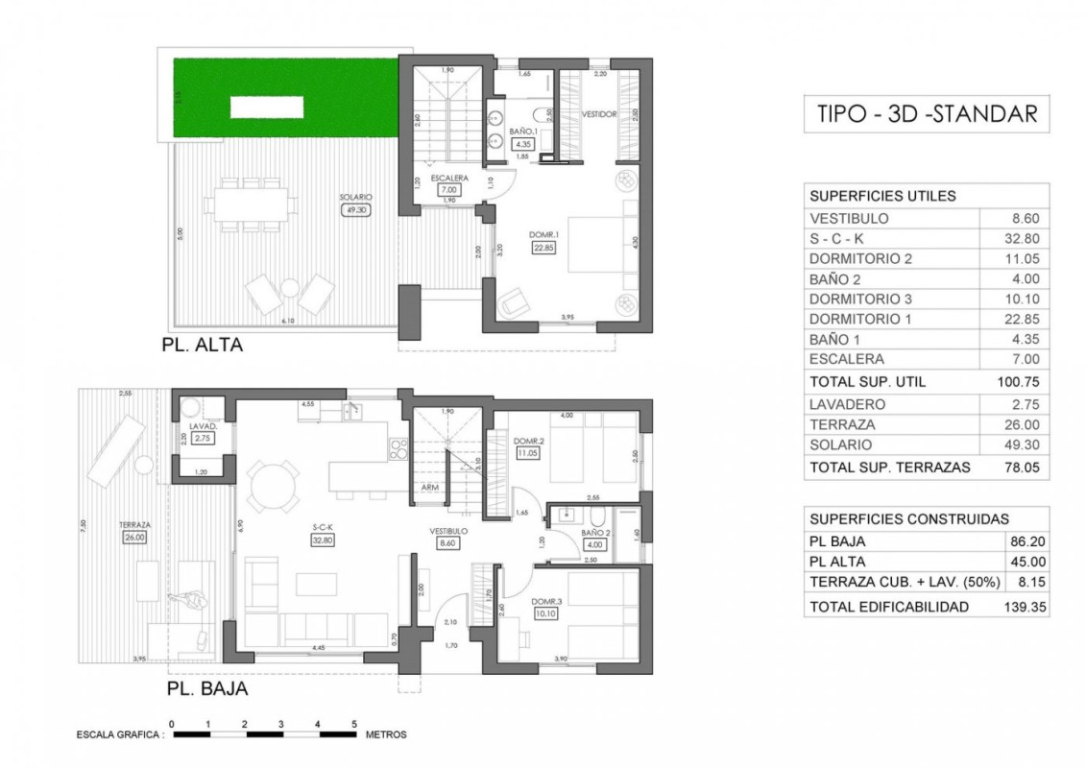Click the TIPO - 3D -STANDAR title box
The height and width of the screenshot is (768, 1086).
click(927, 113)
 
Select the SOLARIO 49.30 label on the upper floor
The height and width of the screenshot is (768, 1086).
click(355, 204)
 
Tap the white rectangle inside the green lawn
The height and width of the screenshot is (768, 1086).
click(267, 107)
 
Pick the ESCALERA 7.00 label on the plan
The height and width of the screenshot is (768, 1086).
click(448, 184)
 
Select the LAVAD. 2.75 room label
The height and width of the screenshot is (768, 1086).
click(202, 433)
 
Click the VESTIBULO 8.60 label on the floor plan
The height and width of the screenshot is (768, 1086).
click(448, 537)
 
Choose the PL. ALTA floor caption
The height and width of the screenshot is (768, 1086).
click(203, 346)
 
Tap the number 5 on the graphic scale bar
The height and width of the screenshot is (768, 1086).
click(354, 724)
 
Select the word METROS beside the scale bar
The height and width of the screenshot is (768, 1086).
click(386, 735)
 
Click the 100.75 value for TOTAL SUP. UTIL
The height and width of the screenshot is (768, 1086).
click(1019, 381)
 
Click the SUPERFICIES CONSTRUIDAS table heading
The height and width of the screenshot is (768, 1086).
click(896, 518)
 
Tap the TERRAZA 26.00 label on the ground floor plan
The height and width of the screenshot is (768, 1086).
click(133, 532)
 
